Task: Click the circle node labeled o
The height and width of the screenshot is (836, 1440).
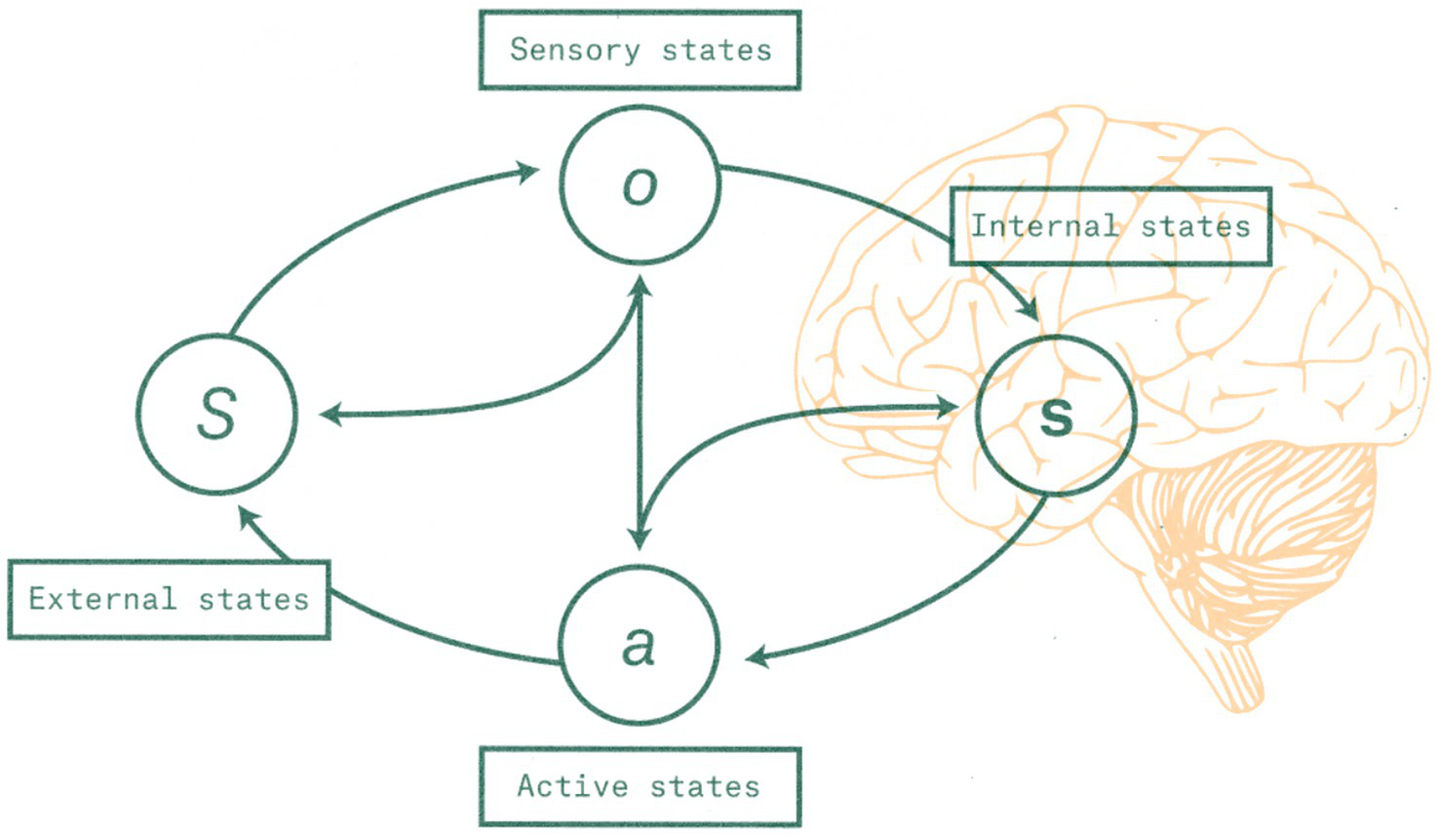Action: (640, 184)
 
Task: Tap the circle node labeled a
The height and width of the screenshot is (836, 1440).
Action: (640, 645)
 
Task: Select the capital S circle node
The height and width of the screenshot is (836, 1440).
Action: (216, 413)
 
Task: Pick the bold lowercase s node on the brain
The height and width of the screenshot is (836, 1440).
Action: (1056, 417)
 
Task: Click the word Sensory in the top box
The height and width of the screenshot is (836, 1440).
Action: (575, 50)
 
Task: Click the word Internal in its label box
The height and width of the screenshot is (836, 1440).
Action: (1044, 226)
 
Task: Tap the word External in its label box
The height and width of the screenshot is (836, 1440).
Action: (102, 598)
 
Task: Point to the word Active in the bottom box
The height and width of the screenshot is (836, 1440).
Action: (572, 785)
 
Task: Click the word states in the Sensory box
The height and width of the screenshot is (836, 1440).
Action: (717, 50)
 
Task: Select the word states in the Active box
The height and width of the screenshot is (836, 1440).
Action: (705, 785)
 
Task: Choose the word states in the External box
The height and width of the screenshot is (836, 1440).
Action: (253, 598)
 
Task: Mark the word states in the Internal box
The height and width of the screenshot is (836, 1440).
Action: (1195, 226)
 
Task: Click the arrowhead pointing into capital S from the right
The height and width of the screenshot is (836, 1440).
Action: (331, 415)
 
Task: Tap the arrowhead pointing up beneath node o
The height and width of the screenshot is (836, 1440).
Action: (640, 285)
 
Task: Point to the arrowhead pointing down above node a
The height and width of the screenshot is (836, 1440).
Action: (640, 537)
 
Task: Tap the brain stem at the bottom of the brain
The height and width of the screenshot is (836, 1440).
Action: (1238, 673)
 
